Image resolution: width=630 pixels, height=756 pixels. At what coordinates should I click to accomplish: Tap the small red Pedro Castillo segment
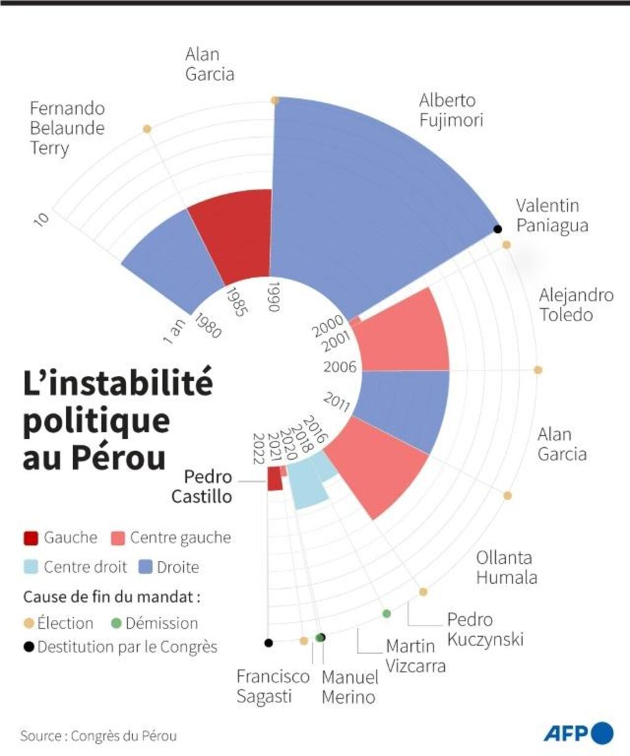tap(274, 479)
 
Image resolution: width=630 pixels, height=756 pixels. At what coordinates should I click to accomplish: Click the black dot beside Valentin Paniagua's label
tap(498, 229)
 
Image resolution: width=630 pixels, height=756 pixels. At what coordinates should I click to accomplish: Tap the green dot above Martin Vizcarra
tap(386, 613)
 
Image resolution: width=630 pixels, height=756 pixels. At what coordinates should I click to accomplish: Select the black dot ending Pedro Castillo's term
tap(268, 643)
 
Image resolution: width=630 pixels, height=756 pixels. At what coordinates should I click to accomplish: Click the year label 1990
tap(274, 296)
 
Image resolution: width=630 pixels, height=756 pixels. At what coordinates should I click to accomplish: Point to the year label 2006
tap(340, 367)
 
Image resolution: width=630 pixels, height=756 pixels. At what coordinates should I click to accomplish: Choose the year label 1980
tap(207, 325)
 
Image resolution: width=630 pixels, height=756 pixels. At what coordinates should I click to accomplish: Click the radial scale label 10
tap(41, 218)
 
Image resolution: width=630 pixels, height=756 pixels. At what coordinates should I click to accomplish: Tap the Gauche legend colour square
tap(31, 538)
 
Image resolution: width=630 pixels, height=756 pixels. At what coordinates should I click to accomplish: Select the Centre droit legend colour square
tap(31, 567)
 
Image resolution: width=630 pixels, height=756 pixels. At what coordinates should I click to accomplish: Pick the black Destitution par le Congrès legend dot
tap(28, 647)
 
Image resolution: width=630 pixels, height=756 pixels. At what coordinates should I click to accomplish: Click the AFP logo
tap(578, 733)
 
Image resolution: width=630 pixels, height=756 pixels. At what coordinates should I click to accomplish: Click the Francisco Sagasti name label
tap(273, 686)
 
